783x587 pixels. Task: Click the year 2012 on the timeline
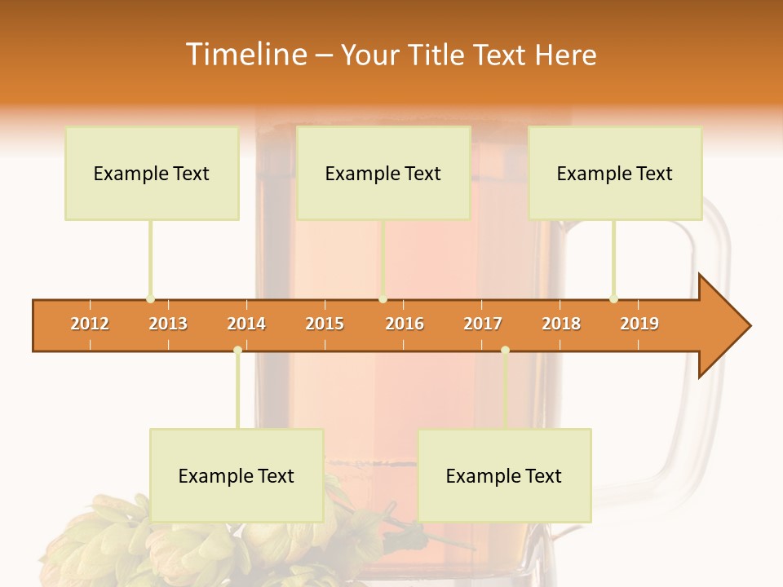coord(90,324)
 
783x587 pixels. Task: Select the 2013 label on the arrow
coord(168,324)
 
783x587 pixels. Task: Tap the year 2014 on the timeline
coord(246,324)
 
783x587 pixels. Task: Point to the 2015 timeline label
coord(325,324)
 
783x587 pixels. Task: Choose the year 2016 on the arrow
coord(405,324)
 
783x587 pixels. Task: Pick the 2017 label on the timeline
coord(483,324)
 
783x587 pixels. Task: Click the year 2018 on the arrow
coord(561,324)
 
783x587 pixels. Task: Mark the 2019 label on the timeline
coord(639,324)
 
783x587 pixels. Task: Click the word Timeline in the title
coord(244,55)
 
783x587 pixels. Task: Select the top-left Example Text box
coord(152,173)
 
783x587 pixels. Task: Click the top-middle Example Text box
coord(383,173)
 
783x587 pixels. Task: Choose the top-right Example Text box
coord(615,173)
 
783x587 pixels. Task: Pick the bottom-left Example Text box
coord(237,475)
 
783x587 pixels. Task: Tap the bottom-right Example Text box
coord(504,475)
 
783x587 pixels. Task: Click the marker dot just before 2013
coord(150,299)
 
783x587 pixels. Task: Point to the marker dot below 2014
coord(237,351)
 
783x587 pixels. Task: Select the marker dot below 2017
coord(505,351)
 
